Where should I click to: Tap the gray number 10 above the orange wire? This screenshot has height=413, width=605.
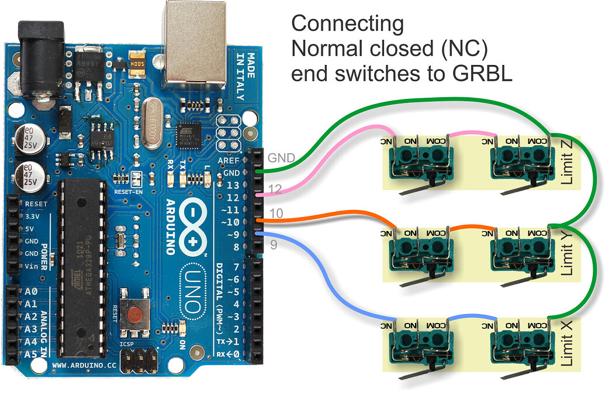(276, 214)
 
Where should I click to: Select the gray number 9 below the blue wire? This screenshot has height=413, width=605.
(273, 245)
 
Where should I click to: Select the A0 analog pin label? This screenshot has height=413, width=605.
(30, 291)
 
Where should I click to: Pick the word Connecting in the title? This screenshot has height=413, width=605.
(347, 25)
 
